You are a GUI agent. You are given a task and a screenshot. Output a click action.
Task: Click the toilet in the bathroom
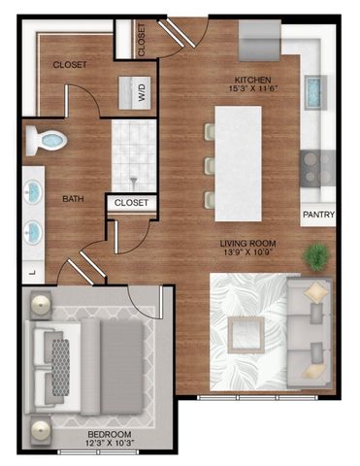(46, 141)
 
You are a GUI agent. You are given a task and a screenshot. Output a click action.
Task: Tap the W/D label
(139, 94)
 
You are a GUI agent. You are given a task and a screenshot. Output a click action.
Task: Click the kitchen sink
(315, 93)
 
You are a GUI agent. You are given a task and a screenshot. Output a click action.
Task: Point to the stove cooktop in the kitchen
(315, 165)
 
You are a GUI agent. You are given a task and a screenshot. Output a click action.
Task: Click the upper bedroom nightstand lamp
(42, 306)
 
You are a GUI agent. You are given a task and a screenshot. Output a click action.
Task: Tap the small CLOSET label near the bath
(132, 203)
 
